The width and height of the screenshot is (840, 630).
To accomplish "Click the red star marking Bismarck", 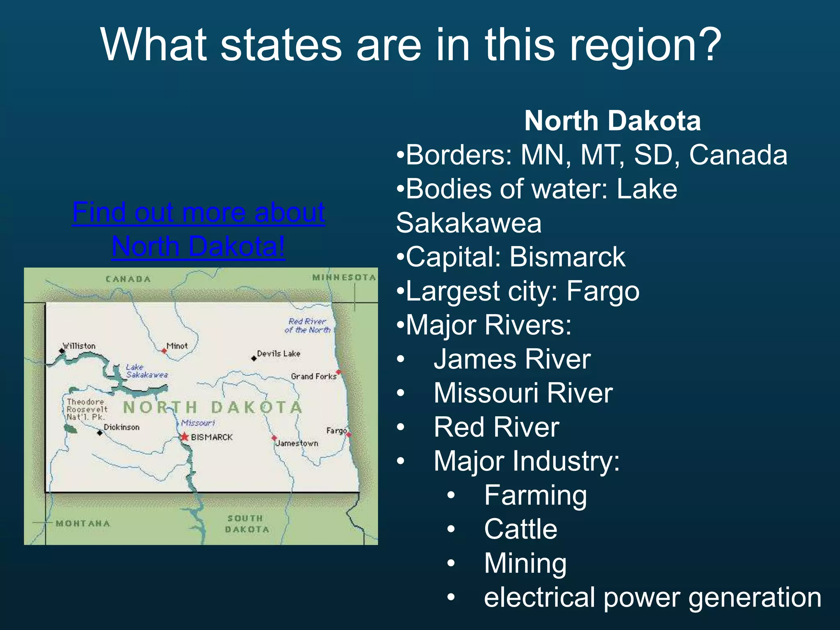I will tap(185, 437).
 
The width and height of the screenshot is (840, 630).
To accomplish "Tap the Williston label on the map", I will tap(79, 346).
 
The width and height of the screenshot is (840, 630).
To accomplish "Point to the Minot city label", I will tap(177, 346).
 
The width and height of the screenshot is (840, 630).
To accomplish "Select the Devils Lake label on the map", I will tap(278, 354).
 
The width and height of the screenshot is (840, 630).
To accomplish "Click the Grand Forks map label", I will tap(313, 376).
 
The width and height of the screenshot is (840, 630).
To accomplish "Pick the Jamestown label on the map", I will tap(297, 443).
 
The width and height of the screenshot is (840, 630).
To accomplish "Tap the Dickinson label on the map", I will tap(121, 427).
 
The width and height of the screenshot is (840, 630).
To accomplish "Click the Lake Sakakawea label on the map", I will tap(146, 371).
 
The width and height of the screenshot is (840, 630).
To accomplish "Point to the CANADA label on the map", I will tap(128, 279).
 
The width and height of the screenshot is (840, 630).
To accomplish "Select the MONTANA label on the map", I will tap(83, 523).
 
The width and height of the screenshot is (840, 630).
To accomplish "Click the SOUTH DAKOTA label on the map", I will tap(247, 524).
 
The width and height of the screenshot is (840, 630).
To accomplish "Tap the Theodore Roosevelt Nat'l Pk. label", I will tap(87, 409).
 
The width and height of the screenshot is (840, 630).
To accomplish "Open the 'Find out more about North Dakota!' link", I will tap(199, 229).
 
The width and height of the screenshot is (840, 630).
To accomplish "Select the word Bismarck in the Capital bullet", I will tap(568, 257).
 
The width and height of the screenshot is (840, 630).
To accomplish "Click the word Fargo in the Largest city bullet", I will tap(603, 291).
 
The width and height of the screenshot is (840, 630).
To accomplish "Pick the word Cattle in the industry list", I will tap(520, 529).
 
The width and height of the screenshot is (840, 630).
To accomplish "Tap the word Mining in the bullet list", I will tap(525, 563).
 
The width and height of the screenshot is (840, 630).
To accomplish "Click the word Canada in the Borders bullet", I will tap(738, 155).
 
